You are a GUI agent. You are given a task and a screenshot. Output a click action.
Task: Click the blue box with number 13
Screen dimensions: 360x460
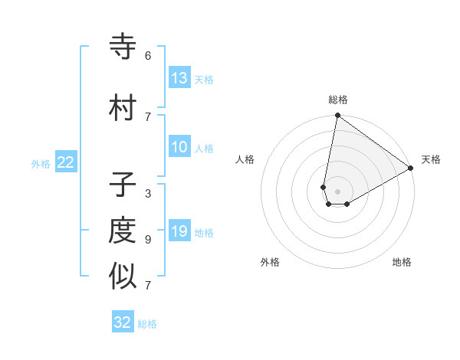(179, 77)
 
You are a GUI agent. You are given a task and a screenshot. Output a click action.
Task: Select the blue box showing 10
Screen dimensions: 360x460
(179, 147)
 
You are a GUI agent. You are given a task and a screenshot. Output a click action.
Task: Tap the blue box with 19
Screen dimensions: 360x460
(179, 231)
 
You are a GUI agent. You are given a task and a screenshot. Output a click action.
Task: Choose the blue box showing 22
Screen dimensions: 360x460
(66, 162)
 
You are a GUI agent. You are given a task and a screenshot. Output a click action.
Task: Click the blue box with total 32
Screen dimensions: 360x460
(123, 322)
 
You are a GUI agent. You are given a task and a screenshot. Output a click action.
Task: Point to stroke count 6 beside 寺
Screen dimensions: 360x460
(148, 56)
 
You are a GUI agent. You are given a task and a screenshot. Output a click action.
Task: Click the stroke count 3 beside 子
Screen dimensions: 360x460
(148, 193)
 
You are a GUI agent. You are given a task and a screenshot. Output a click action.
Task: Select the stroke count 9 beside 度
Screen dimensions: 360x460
(148, 239)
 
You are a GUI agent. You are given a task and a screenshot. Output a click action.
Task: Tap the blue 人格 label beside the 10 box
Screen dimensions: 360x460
(204, 148)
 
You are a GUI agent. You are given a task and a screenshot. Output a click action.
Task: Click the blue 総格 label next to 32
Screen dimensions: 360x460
(147, 324)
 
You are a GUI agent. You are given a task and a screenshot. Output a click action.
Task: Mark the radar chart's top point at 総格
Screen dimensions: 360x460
(337, 116)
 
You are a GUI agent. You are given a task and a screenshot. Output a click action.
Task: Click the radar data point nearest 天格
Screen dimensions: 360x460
(411, 169)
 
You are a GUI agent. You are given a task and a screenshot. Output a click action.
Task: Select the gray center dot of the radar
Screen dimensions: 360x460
(337, 191)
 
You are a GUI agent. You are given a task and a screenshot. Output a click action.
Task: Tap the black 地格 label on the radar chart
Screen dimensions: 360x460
(402, 262)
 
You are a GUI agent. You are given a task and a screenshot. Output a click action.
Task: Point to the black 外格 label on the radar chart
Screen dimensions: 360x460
(270, 262)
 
